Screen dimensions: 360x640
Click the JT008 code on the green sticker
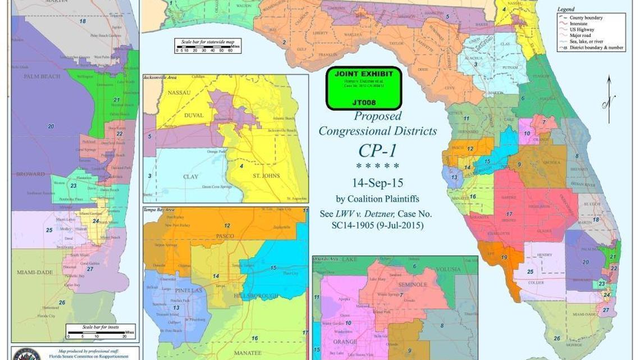364,103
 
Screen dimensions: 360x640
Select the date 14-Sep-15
377,183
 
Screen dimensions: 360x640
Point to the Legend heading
565,10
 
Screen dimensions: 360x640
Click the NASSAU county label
179,93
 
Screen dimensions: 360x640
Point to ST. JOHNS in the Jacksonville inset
265,176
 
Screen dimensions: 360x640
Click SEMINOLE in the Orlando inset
413,285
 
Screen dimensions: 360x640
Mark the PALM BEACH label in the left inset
42,76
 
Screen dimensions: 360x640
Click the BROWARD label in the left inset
30,174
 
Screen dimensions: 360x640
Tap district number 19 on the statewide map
504,258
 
